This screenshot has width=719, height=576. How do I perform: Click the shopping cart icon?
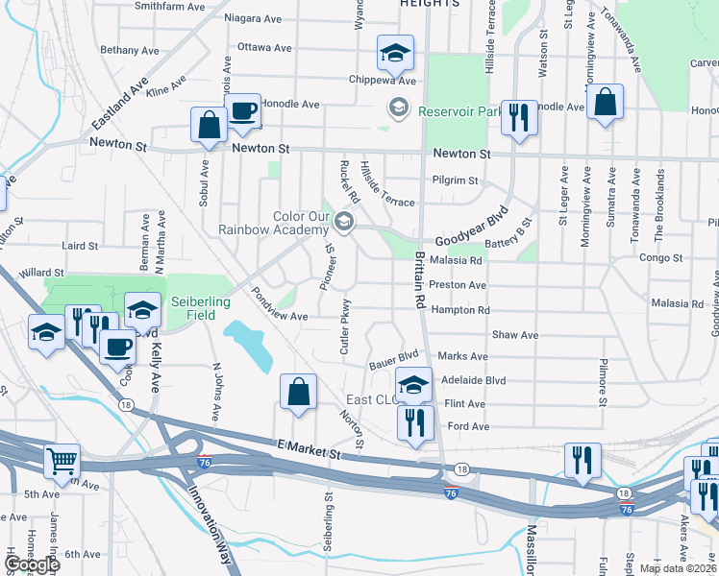[62, 462]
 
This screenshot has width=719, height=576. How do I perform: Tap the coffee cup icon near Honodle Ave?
[244, 110]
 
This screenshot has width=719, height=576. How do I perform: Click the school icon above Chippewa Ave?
[394, 55]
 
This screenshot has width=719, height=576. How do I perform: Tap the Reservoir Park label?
[461, 111]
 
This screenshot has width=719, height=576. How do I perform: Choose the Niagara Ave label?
[252, 17]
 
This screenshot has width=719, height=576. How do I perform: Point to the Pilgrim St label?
[456, 180]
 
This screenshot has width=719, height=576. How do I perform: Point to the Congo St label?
[661, 258]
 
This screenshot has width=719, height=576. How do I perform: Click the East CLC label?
[372, 400]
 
